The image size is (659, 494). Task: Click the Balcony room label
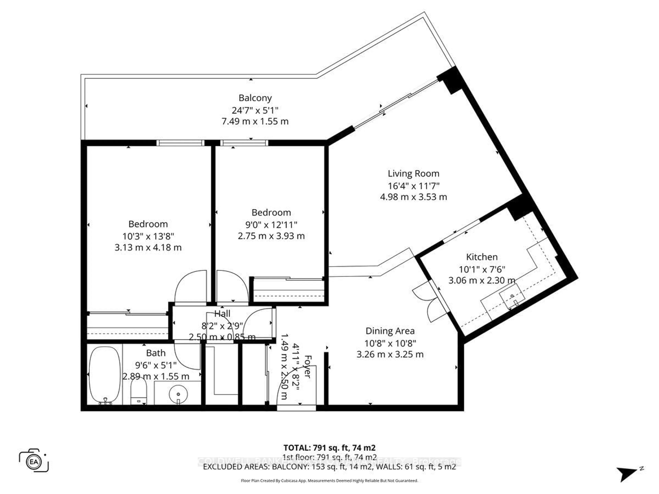(x=255, y=98)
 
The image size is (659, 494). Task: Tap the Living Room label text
(x=413, y=174)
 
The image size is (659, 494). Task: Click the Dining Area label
(x=390, y=331)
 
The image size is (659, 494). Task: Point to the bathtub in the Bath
(x=104, y=375)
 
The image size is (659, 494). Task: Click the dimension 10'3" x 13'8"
(x=148, y=236)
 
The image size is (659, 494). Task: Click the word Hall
(x=222, y=314)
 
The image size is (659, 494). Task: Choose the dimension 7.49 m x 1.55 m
(x=255, y=121)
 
